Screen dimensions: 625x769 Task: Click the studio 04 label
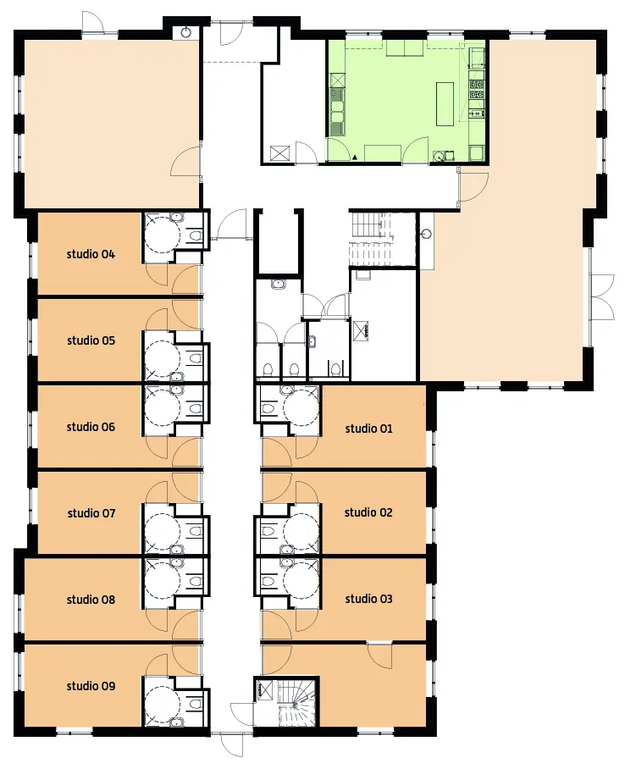(x=91, y=254)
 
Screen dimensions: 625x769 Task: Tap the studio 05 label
(x=91, y=340)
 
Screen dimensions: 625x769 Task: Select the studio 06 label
(x=91, y=427)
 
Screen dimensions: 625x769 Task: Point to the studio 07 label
(x=91, y=513)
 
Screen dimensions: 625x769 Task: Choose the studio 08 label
(x=91, y=600)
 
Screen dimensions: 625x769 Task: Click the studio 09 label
(x=91, y=686)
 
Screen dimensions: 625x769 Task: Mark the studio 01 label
(x=369, y=429)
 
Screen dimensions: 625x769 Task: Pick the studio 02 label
(x=368, y=512)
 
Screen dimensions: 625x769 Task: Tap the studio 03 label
(x=369, y=599)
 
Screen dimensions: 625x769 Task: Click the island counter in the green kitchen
(x=445, y=104)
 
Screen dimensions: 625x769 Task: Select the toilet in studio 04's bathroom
(x=196, y=235)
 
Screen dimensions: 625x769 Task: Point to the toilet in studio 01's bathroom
(x=268, y=408)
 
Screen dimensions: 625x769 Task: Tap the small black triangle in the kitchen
(x=354, y=157)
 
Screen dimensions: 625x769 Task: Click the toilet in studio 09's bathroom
(x=196, y=704)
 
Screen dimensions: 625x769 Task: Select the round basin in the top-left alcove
(x=186, y=33)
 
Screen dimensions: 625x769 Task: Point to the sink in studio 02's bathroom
(x=286, y=549)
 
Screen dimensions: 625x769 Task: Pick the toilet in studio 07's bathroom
(x=196, y=531)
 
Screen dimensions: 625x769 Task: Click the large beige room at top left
(x=110, y=123)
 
